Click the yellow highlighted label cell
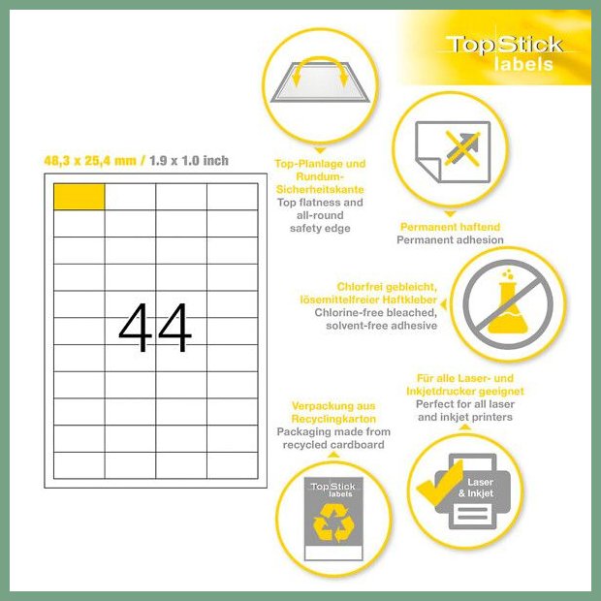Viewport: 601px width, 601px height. tap(79, 197)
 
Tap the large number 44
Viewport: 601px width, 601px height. tap(155, 327)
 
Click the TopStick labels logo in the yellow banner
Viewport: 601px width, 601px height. tap(505, 53)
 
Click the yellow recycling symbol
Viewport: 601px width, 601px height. tap(333, 522)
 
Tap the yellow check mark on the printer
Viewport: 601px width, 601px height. tap(440, 483)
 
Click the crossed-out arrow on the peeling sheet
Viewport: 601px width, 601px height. tap(462, 149)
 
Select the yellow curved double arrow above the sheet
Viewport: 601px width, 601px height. tap(320, 69)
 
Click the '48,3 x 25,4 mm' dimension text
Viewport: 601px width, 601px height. tap(90, 160)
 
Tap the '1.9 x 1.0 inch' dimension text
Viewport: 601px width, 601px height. tap(189, 160)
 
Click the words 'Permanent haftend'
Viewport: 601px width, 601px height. tap(450, 227)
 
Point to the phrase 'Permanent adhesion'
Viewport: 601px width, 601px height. tap(450, 240)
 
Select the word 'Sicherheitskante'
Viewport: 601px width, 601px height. tap(320, 189)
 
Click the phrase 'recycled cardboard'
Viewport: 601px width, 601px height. tap(333, 445)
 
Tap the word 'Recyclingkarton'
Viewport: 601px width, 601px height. tap(333, 419)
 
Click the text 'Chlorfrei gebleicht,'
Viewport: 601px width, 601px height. tap(387, 287)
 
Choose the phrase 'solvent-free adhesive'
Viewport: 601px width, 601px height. tap(381, 326)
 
